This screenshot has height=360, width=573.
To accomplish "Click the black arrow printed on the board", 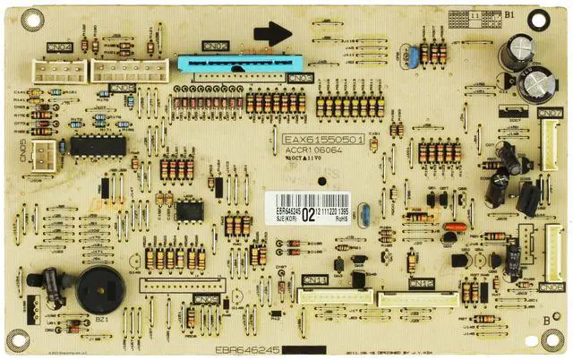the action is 272,34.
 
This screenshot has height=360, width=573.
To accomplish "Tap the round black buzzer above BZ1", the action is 98,288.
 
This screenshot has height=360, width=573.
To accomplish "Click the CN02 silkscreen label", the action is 214,46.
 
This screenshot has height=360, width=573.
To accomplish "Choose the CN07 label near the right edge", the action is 550,113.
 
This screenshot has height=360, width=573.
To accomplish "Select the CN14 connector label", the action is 315,280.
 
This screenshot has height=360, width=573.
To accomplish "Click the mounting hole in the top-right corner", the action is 560,17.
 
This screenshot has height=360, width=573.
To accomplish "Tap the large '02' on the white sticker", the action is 308,214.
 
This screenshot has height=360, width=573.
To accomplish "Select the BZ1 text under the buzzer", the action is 100,319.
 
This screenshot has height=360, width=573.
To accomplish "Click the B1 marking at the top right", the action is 510,15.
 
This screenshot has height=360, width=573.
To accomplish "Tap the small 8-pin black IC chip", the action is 188,210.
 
